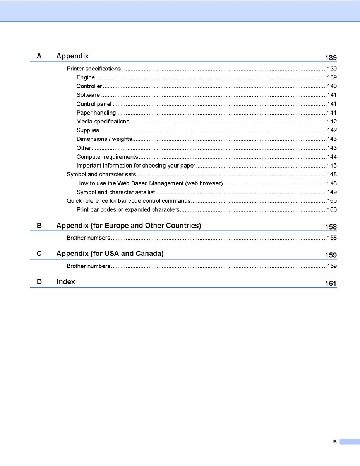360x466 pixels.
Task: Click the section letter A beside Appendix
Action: click(x=39, y=56)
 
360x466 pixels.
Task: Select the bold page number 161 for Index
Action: click(x=331, y=283)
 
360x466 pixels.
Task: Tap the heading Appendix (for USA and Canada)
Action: click(x=110, y=254)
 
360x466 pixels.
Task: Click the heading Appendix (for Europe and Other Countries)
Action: click(x=129, y=225)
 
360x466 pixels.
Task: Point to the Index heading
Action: click(x=66, y=282)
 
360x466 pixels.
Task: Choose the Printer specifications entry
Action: click(x=94, y=69)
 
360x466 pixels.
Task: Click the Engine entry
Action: click(x=86, y=77)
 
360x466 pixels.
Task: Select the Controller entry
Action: click(x=89, y=86)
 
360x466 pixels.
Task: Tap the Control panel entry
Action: click(x=94, y=104)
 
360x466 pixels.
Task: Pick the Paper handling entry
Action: click(x=96, y=113)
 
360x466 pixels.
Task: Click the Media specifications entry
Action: click(x=103, y=121)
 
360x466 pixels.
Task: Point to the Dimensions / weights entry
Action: click(x=104, y=139)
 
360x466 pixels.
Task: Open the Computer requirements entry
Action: click(x=107, y=157)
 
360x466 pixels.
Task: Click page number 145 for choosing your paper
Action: click(x=332, y=166)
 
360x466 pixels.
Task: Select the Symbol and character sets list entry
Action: click(x=116, y=192)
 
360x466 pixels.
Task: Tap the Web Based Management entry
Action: click(x=149, y=183)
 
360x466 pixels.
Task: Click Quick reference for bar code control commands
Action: click(x=129, y=200)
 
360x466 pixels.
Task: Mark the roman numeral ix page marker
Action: click(x=334, y=441)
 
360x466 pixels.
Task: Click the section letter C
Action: click(x=39, y=254)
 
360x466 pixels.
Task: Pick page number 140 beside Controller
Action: click(x=332, y=86)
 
